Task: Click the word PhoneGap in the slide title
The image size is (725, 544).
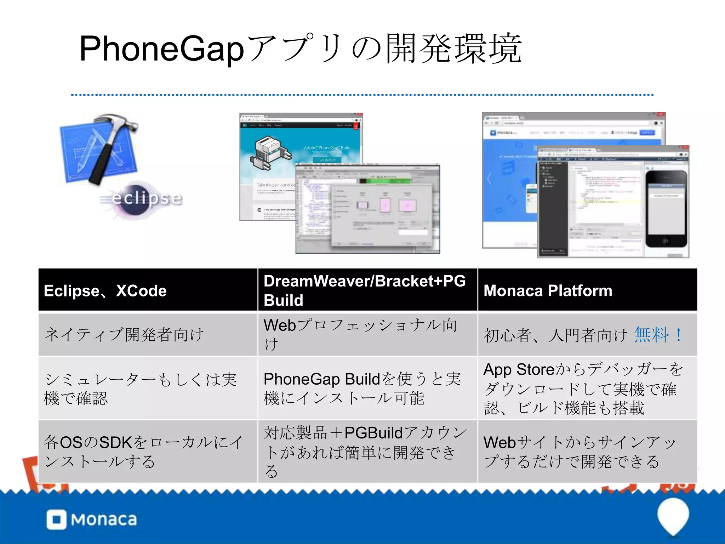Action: [x=161, y=50]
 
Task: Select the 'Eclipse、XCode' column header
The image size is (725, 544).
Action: [x=105, y=291]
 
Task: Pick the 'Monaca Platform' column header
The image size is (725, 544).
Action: [x=548, y=291]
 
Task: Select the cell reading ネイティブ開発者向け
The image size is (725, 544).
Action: [x=124, y=335]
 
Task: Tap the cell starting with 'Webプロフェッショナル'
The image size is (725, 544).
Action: [x=361, y=335]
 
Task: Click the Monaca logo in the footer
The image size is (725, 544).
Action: [x=92, y=520]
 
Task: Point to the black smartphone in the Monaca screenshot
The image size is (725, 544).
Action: [x=666, y=209]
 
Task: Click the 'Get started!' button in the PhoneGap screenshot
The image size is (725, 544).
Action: [x=326, y=160]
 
